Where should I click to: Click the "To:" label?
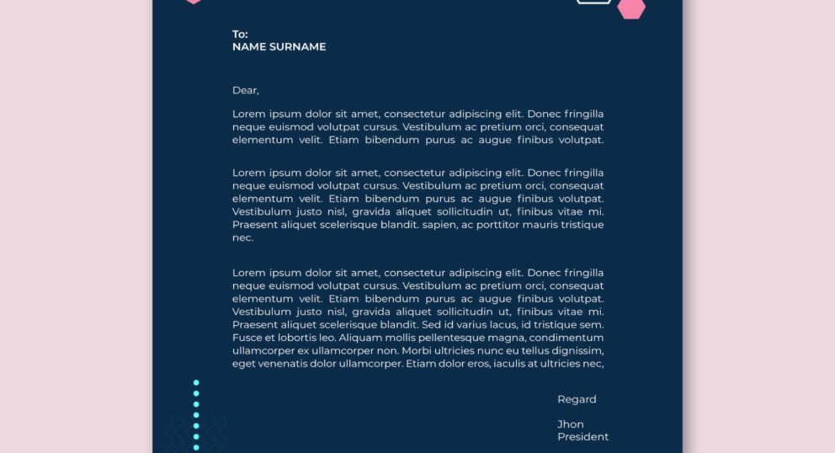[x=240, y=35]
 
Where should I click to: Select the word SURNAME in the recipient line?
[x=297, y=47]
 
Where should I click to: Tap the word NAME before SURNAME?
[x=249, y=47]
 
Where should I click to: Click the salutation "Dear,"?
[x=246, y=90]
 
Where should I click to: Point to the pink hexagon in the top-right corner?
[x=631, y=8]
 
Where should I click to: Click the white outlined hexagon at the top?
[x=593, y=2]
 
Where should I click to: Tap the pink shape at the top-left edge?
[x=194, y=2]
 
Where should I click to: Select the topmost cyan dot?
[x=196, y=382]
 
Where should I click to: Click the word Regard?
[x=577, y=399]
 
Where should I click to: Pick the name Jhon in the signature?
[x=570, y=424]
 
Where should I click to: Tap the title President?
[x=582, y=437]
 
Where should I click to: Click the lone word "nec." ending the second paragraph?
[x=242, y=238]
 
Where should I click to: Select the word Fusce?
[x=247, y=338]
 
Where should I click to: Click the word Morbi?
[x=417, y=350]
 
